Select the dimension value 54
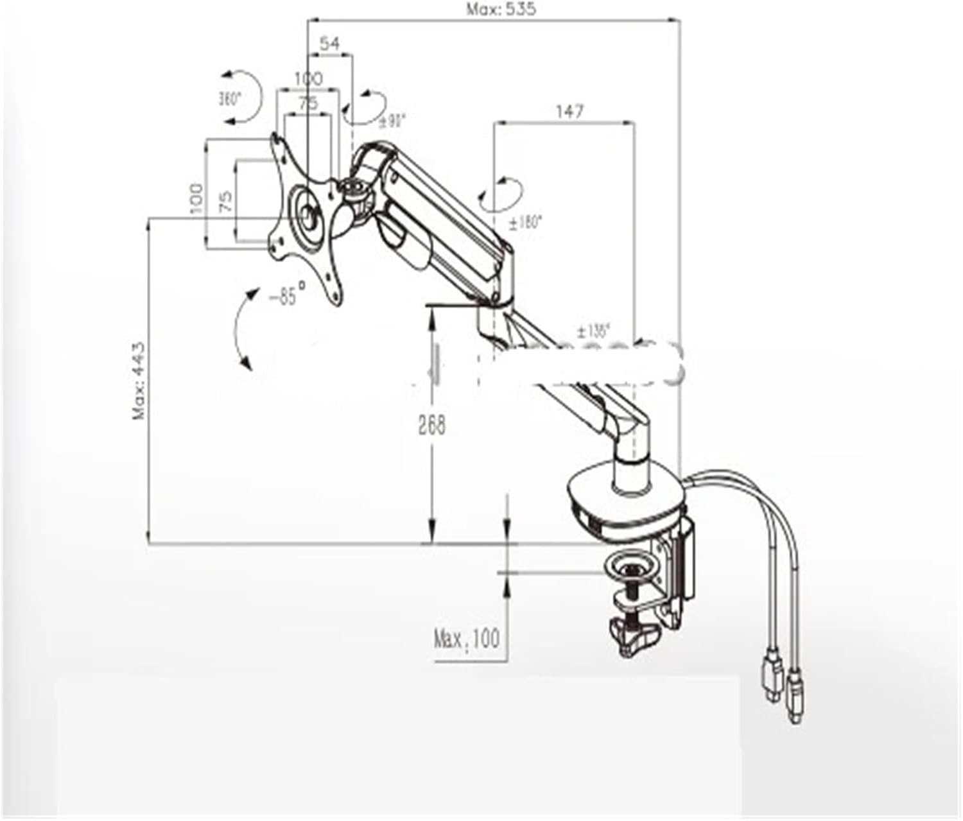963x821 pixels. [x=329, y=44]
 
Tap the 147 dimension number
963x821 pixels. [x=569, y=111]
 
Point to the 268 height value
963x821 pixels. [x=431, y=425]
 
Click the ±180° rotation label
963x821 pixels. [x=525, y=223]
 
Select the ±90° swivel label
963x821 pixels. [x=391, y=119]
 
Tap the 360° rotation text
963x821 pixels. [x=229, y=99]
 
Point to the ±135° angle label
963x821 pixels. [x=593, y=331]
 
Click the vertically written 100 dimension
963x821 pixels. [x=196, y=198]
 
